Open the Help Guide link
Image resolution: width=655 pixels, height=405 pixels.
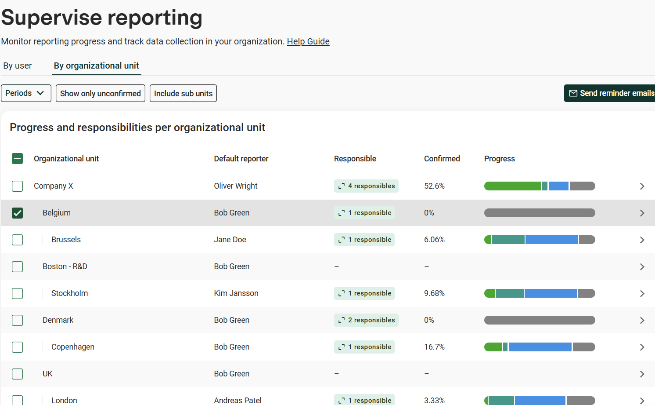pyautogui.click(x=308, y=42)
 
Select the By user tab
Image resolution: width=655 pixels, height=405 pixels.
pyautogui.click(x=17, y=66)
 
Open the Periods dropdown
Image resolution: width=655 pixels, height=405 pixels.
pyautogui.click(x=26, y=93)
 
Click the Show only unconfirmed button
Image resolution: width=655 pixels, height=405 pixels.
pyautogui.click(x=100, y=93)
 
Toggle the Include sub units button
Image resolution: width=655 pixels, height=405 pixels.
pyautogui.click(x=183, y=93)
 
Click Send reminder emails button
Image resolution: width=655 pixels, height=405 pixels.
pyautogui.click(x=610, y=93)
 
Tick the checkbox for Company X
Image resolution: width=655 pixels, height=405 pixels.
pyautogui.click(x=17, y=186)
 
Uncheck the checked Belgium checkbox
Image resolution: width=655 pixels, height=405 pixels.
pyautogui.click(x=17, y=213)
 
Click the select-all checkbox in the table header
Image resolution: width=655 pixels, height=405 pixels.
pyautogui.click(x=17, y=159)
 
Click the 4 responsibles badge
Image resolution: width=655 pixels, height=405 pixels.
pyautogui.click(x=366, y=186)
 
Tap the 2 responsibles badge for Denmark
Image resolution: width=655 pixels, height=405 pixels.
pyautogui.click(x=366, y=320)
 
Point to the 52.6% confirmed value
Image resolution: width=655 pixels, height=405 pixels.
pyautogui.click(x=434, y=186)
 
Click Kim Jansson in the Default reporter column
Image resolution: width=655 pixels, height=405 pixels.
pyautogui.click(x=236, y=293)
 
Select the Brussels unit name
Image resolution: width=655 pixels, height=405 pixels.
pyautogui.click(x=66, y=240)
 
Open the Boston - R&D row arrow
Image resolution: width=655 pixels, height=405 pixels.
pyautogui.click(x=642, y=267)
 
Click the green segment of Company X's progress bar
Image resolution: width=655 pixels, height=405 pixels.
pyautogui.click(x=513, y=186)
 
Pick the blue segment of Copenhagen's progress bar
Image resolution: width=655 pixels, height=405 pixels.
pyautogui.click(x=540, y=347)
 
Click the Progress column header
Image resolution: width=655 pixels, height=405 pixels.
pyautogui.click(x=500, y=159)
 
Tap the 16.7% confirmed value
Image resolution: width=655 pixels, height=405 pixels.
pyautogui.click(x=434, y=347)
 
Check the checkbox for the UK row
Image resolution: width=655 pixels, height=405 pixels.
pyautogui.click(x=17, y=374)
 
